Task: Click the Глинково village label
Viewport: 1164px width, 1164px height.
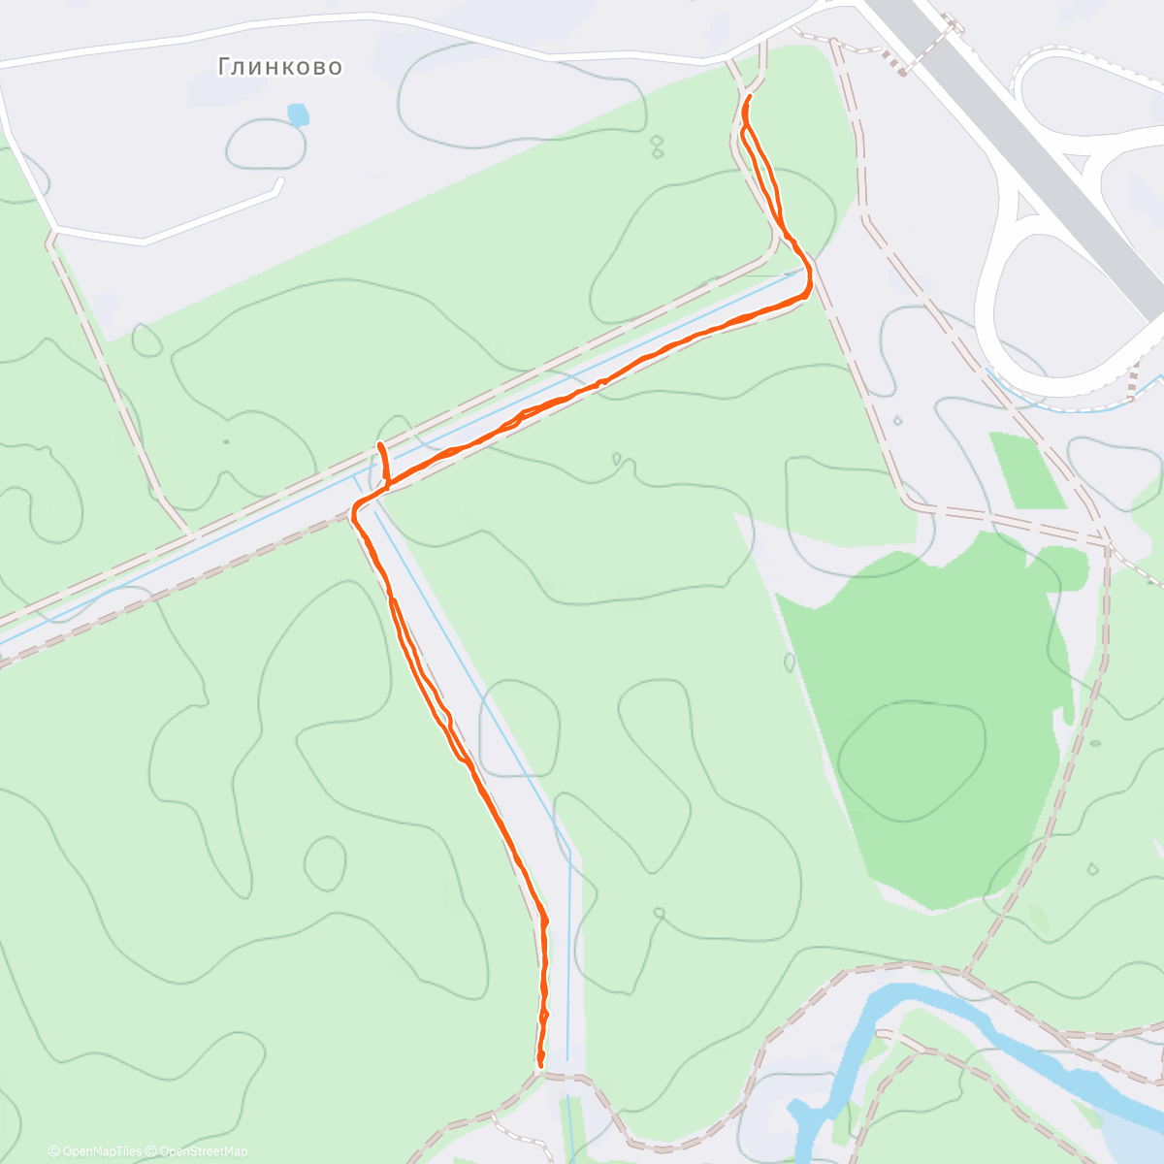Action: click(x=279, y=66)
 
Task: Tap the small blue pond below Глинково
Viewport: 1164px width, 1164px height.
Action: click(x=299, y=116)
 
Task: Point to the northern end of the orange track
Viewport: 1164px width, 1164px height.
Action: click(x=751, y=97)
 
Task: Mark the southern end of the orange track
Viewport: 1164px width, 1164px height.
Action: click(x=540, y=1064)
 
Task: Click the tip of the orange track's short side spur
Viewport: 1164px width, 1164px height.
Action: click(x=380, y=444)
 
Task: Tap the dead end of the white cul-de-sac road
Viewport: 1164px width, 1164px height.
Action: click(x=280, y=179)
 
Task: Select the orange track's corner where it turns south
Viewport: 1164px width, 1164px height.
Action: click(x=356, y=508)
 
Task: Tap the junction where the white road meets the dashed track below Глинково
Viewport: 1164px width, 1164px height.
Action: click(x=54, y=231)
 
